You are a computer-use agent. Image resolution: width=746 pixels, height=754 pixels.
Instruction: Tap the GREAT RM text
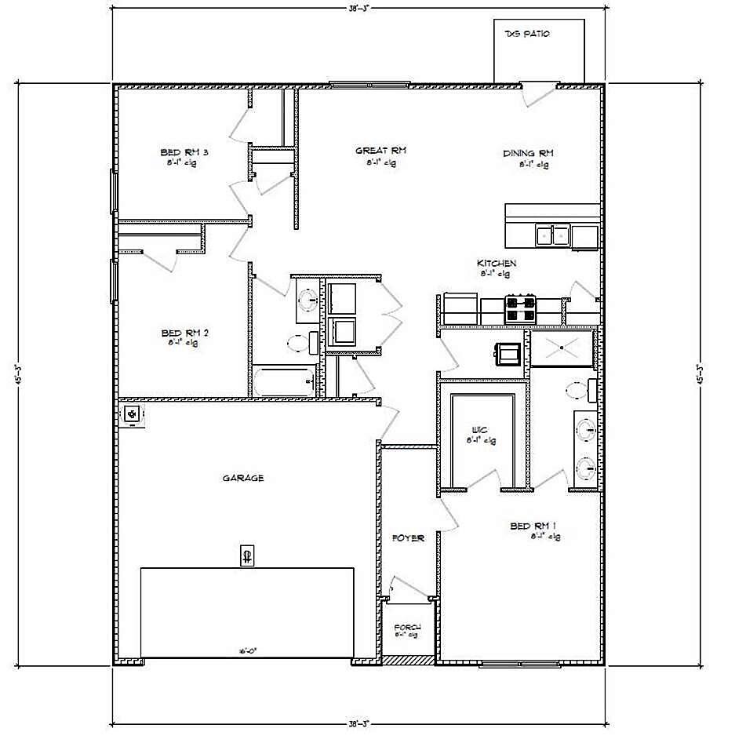coord(380,151)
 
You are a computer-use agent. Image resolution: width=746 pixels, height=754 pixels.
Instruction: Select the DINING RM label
coord(528,153)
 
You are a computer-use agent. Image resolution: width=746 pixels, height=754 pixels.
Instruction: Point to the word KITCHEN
coord(496,263)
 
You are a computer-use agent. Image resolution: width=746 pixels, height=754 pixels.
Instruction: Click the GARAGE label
coord(242,477)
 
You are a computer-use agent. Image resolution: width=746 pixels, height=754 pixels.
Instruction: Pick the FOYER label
coord(408,538)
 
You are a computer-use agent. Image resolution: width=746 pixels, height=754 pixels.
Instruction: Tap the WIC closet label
coord(479,430)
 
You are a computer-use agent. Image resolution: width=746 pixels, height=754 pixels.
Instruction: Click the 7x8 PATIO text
coord(527,35)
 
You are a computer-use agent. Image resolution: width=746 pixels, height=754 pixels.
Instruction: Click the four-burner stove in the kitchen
coord(521,308)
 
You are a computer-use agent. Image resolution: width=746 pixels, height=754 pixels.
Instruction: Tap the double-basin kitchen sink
coord(552,235)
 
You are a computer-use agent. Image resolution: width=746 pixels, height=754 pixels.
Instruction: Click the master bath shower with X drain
coord(562,348)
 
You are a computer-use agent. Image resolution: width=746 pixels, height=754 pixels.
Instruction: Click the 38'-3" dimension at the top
coord(358,7)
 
